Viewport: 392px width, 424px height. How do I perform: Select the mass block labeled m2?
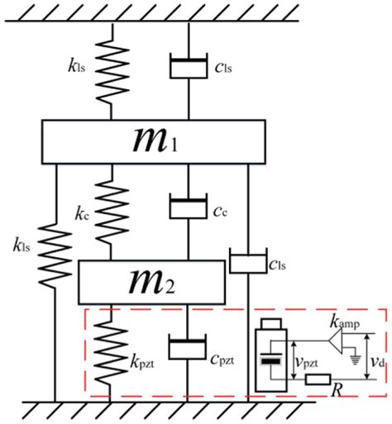pos(151,282)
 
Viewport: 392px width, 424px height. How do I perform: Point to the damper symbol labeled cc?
pos(189,207)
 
